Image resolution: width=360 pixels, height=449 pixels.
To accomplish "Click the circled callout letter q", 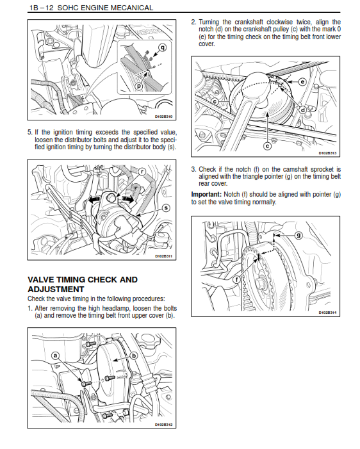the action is [x=163, y=47].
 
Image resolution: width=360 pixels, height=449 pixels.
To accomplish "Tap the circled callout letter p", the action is [x=139, y=86].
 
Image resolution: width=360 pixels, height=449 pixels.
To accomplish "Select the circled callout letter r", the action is [x=142, y=172].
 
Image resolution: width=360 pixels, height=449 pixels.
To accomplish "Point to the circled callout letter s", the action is [x=166, y=208].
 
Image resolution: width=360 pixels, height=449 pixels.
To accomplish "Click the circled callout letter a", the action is [x=55, y=356].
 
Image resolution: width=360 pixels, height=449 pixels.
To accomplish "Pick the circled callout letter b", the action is [x=134, y=356].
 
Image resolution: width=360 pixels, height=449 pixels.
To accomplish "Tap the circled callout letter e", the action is [x=302, y=82].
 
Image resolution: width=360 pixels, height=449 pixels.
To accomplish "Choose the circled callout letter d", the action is [x=303, y=110].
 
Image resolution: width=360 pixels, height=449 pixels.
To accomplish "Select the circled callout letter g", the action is [x=299, y=235].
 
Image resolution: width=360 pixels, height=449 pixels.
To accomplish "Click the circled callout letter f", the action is [x=236, y=279].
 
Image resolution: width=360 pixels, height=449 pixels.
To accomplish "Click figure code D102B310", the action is [x=164, y=117].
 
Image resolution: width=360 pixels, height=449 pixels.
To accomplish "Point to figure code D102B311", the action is [x=164, y=256].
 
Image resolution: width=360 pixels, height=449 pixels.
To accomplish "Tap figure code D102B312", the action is [x=164, y=425].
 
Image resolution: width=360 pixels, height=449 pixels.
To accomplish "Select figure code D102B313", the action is [x=327, y=153].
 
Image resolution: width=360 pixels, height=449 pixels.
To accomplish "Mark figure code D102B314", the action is [x=327, y=313].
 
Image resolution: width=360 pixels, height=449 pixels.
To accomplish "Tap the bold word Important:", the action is [x=206, y=195].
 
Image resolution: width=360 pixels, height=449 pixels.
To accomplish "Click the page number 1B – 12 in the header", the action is [x=42, y=8].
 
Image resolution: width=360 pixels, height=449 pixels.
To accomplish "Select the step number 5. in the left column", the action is [x=30, y=133].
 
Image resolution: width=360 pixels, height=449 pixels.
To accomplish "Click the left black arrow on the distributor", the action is [x=94, y=200].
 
